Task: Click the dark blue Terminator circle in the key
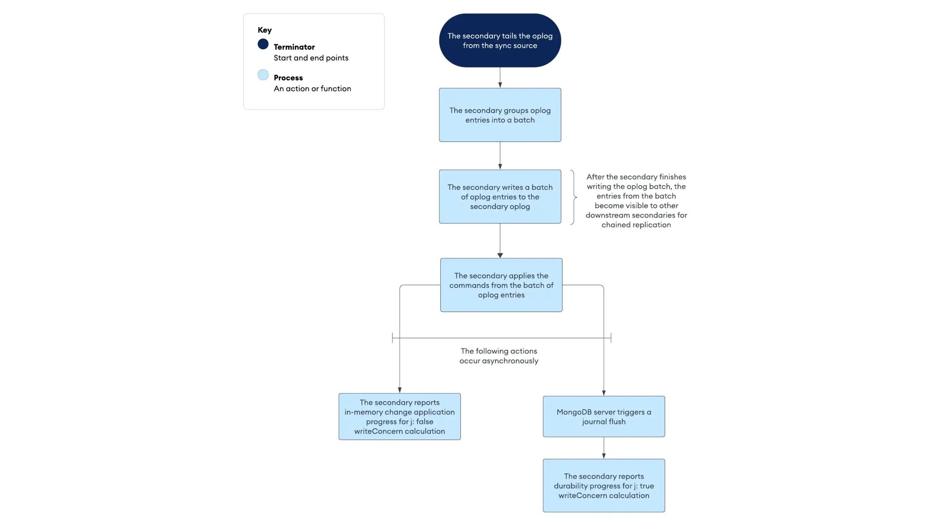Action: [263, 44]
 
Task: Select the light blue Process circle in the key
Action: [263, 75]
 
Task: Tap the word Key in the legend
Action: [265, 30]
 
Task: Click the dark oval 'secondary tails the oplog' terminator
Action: [500, 40]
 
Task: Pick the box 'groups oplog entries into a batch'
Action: [500, 115]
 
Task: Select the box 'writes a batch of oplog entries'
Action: [500, 197]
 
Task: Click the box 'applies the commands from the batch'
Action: [501, 285]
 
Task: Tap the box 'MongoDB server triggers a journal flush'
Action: [604, 416]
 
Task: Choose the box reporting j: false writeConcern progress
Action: [399, 416]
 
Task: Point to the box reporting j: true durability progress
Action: [604, 486]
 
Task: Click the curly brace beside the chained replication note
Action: [573, 197]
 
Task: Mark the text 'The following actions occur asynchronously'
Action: [499, 356]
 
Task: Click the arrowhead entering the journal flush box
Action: [604, 393]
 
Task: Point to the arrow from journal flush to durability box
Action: [604, 448]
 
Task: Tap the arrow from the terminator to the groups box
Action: [500, 77]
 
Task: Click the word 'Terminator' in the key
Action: [294, 47]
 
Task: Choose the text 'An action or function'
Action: [312, 89]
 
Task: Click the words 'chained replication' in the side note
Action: [636, 225]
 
